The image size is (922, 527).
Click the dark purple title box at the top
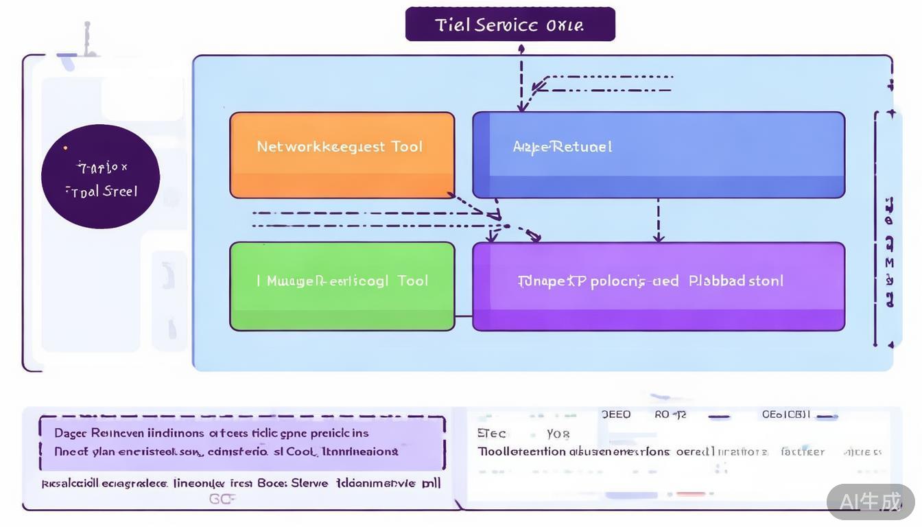(x=510, y=25)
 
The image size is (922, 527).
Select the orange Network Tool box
(x=342, y=155)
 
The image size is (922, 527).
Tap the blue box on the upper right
(x=659, y=155)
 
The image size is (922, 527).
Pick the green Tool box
(x=342, y=286)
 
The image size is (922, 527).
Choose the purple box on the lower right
(x=659, y=286)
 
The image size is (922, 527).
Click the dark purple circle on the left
(x=100, y=176)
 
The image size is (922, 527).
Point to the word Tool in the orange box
(x=407, y=147)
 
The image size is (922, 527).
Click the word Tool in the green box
(x=412, y=281)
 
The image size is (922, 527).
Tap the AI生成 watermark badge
(x=871, y=502)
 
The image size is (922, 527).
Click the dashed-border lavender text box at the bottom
(x=241, y=443)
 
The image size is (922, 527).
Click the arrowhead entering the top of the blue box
(x=521, y=106)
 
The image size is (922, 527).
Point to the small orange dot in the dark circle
(x=65, y=148)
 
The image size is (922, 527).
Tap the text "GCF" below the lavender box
(x=222, y=499)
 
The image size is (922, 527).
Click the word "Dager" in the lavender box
(x=70, y=433)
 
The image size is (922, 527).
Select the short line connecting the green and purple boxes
(x=464, y=316)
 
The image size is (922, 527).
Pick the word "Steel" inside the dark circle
(x=121, y=191)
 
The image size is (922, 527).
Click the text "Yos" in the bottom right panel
(x=558, y=434)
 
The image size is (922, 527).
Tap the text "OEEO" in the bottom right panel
(x=615, y=414)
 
